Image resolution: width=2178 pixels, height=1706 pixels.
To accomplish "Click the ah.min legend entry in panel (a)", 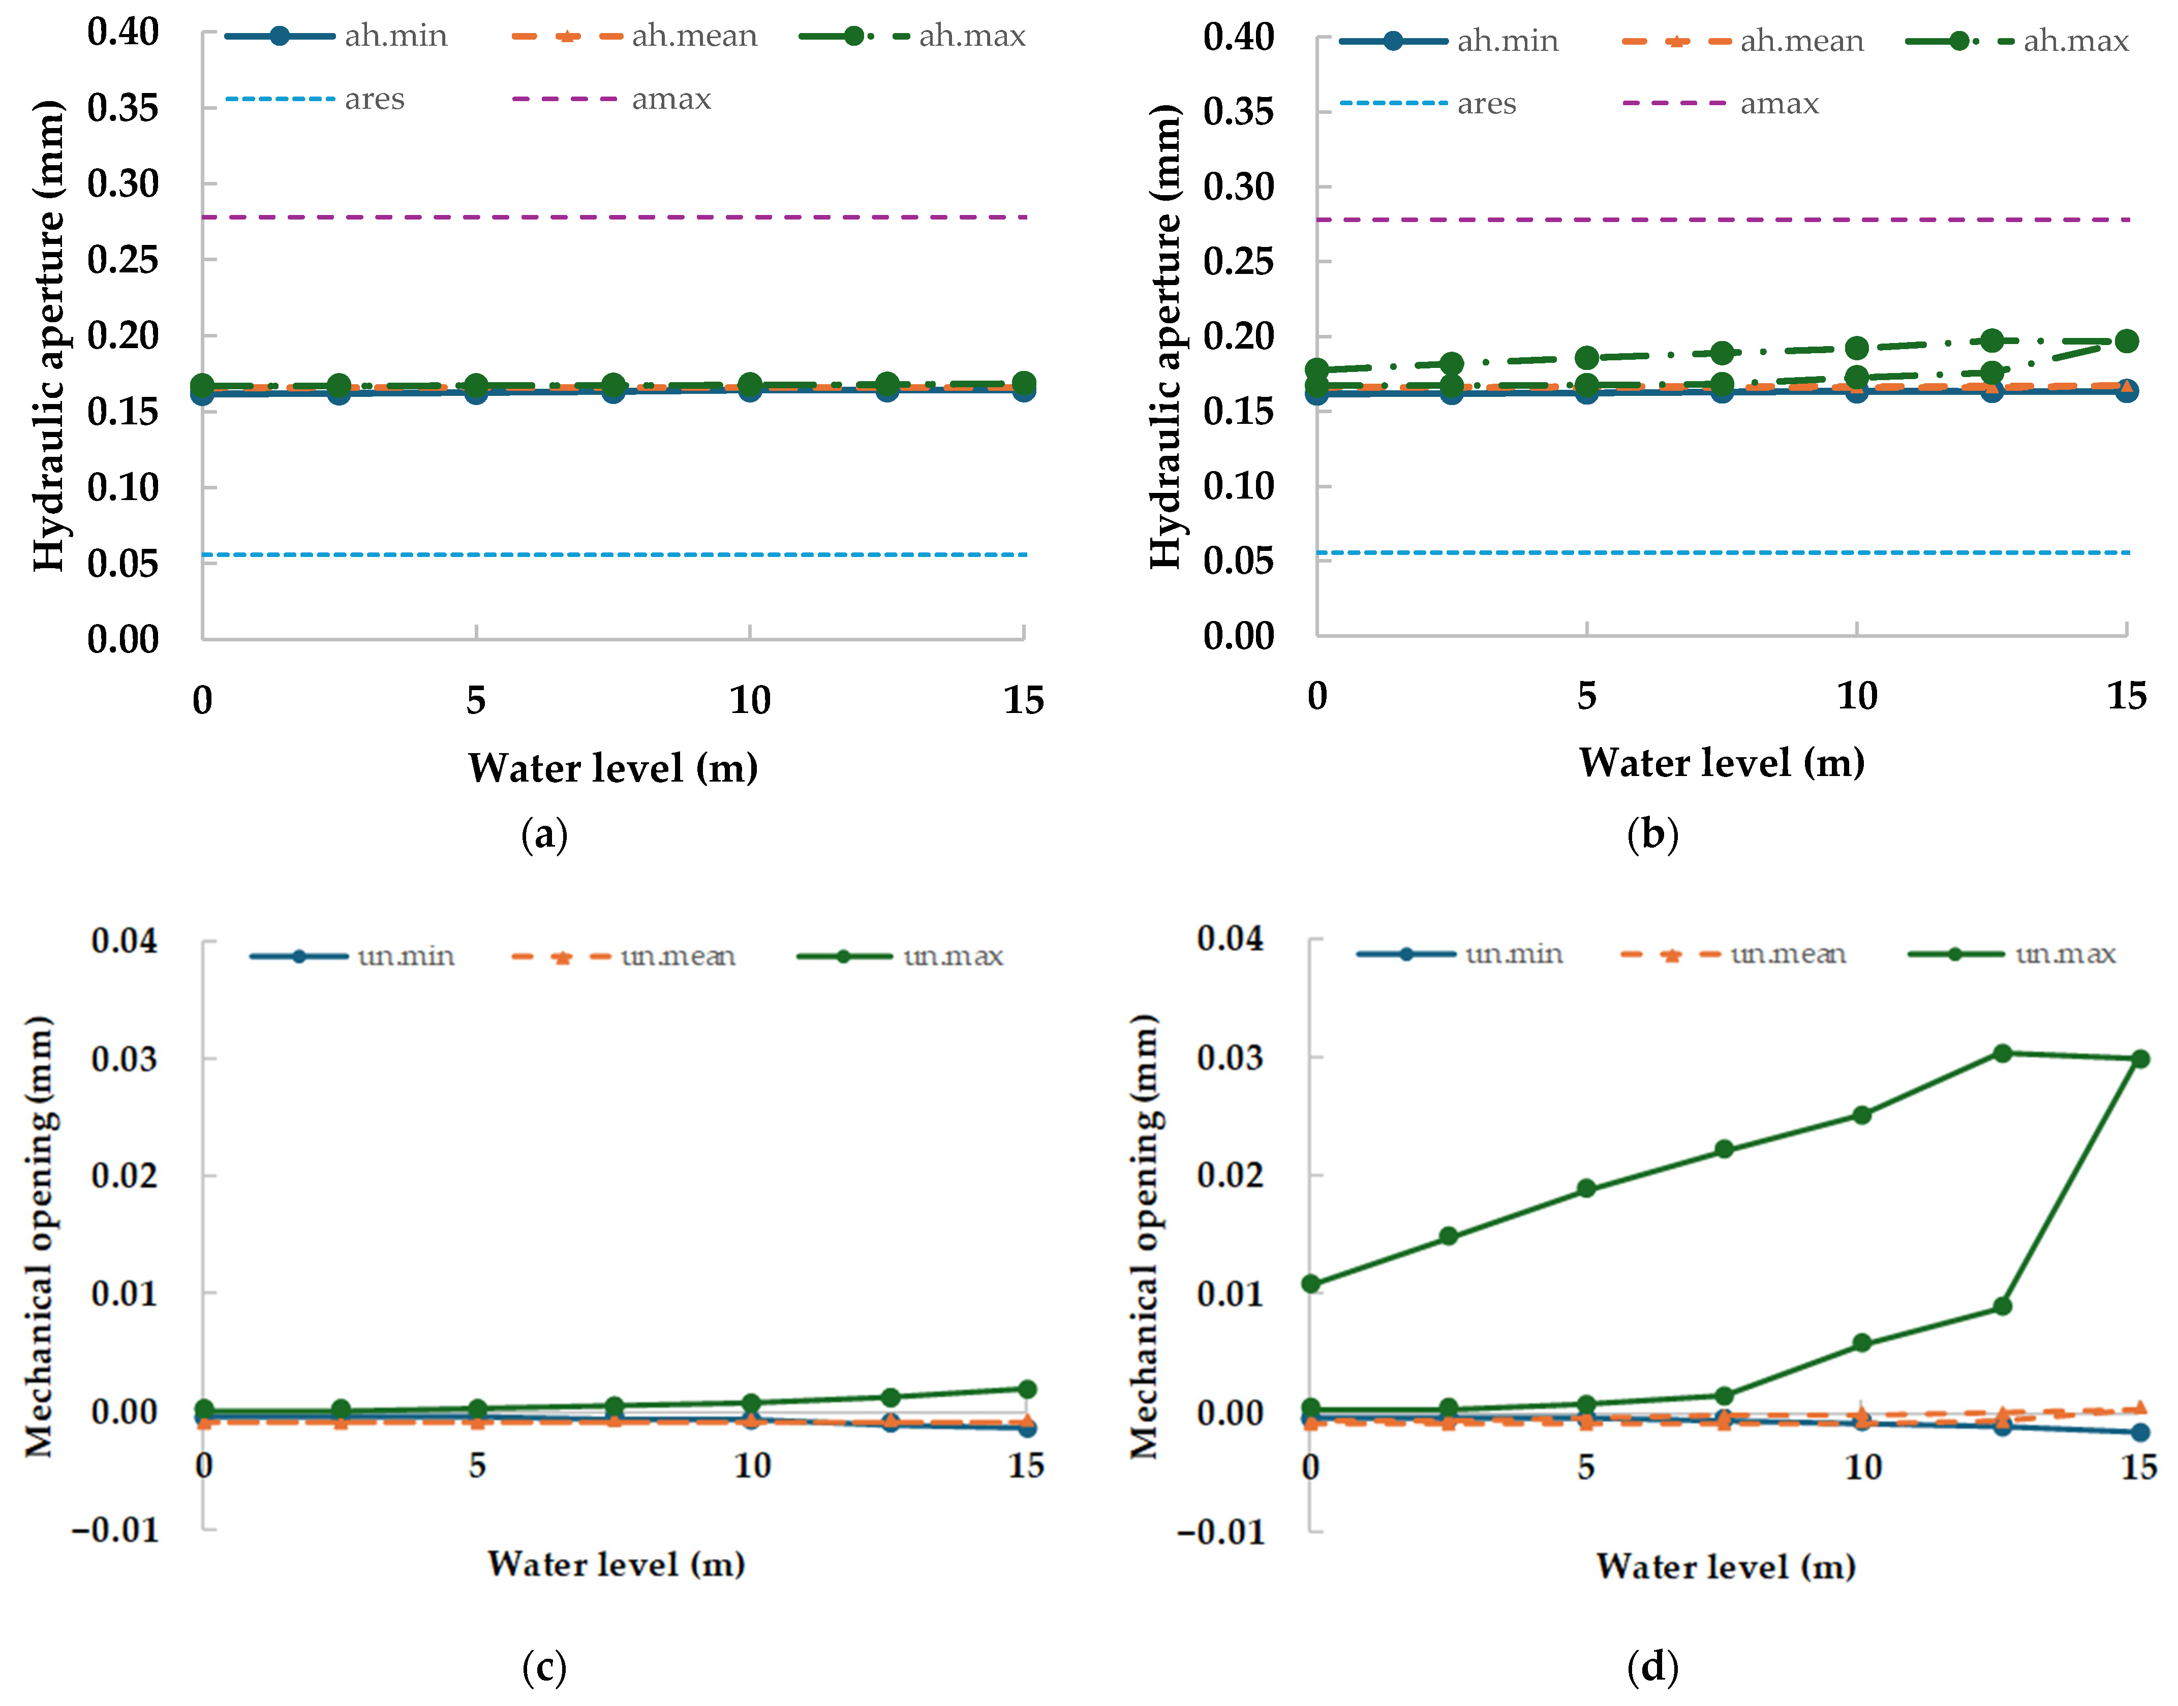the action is click(336, 36).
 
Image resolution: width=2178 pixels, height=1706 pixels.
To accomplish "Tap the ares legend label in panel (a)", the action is click(375, 99).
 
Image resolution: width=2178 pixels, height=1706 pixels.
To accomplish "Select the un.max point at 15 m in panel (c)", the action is click(1026, 1389).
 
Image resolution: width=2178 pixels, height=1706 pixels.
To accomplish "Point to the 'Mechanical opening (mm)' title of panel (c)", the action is click(40, 1236).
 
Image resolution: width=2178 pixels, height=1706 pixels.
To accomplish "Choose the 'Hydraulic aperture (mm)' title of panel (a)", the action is click(48, 335).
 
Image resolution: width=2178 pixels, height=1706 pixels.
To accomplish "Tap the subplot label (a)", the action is click(544, 834).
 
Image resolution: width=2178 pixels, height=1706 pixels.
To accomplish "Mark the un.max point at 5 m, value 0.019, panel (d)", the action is click(1586, 1189).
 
